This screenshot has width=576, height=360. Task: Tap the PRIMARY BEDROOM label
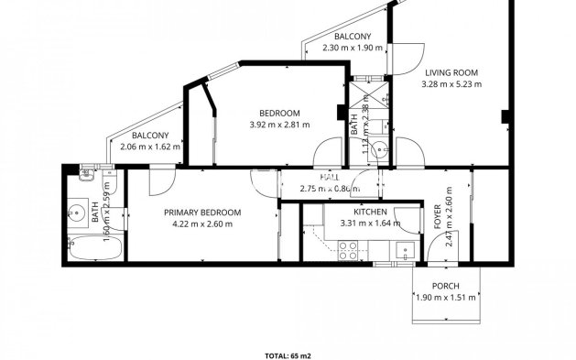202,212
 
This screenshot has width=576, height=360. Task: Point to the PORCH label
446,286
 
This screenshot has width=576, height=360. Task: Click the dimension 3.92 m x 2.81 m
279,125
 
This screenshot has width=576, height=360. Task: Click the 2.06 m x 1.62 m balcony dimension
150,146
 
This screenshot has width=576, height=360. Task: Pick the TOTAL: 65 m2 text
287,352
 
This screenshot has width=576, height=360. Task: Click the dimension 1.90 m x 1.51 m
446,298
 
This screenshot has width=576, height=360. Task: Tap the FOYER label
437,218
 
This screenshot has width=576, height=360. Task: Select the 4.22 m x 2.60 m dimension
202,224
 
